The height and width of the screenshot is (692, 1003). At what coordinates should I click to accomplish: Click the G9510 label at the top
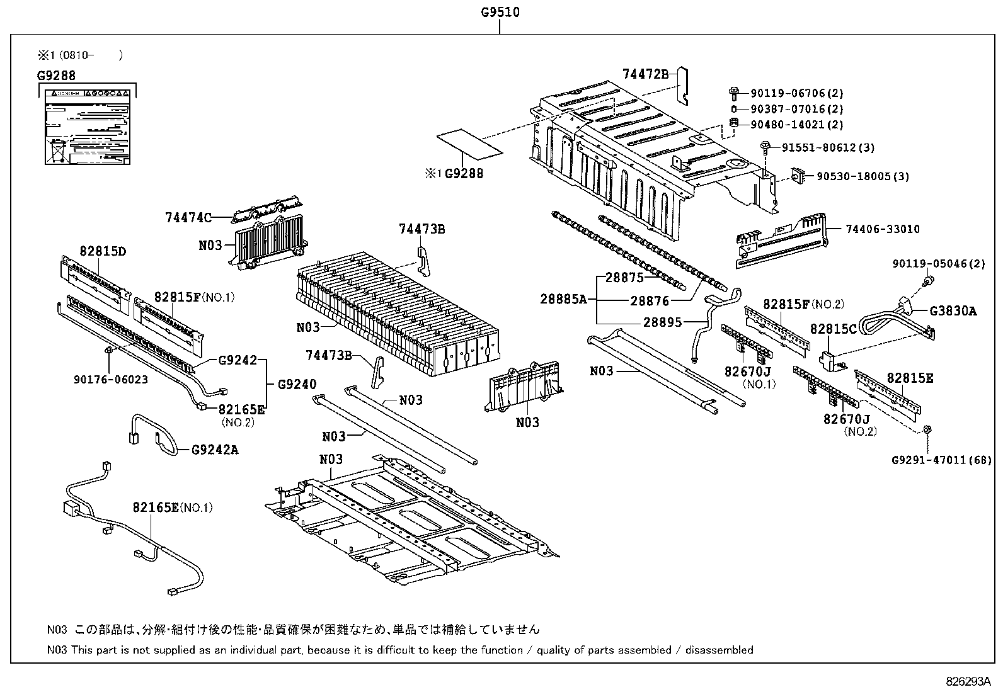click(x=500, y=12)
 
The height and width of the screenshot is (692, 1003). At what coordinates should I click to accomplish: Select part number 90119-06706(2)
click(x=796, y=93)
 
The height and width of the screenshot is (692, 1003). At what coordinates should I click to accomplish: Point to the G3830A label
click(x=953, y=310)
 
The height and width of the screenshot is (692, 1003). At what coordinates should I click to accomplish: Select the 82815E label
click(x=910, y=378)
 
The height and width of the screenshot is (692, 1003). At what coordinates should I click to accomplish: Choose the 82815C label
click(x=833, y=329)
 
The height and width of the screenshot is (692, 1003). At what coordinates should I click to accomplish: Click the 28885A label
click(x=563, y=299)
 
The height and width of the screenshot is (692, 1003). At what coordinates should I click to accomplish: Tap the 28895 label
click(x=662, y=322)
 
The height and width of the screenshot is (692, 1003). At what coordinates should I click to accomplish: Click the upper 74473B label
click(x=421, y=229)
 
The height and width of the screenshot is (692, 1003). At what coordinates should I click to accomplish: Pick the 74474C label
click(x=188, y=218)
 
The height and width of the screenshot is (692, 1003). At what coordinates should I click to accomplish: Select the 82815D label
click(x=103, y=251)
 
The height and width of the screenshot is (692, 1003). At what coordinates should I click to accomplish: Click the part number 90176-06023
click(x=111, y=380)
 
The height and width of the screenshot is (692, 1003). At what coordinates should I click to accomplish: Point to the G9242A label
click(x=215, y=450)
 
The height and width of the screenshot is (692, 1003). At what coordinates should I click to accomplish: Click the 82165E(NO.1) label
click(x=172, y=508)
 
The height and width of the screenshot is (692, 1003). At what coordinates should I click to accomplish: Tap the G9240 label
click(x=297, y=384)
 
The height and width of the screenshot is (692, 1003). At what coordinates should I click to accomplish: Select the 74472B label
click(x=645, y=74)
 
